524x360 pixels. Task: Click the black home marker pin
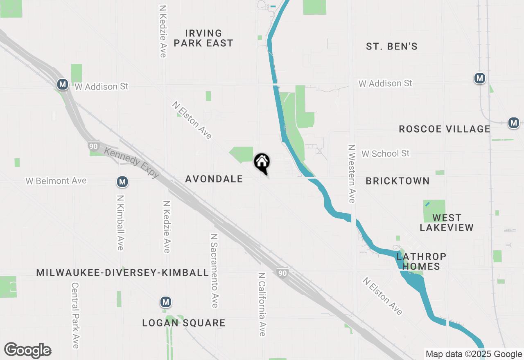coord(262,162)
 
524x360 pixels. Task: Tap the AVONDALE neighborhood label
coord(214,179)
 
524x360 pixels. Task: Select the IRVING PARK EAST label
coord(203,38)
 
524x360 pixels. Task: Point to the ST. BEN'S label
coord(392,47)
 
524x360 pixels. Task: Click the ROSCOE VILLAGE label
coord(445,129)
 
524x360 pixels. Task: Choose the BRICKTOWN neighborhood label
coord(398,181)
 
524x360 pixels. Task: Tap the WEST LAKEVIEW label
coord(447,223)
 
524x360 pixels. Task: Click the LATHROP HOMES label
coord(421,261)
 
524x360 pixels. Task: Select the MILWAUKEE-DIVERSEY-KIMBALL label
coord(123,272)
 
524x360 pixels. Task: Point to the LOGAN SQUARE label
coord(184,323)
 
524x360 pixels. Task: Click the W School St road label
coord(385,153)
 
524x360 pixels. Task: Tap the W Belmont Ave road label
coord(56,180)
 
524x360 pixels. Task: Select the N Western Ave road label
coord(351,173)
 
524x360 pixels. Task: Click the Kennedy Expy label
coord(131,162)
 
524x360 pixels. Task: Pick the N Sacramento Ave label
coord(214,271)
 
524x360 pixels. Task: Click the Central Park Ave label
coord(75,315)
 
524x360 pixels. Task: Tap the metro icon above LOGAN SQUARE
coord(165,302)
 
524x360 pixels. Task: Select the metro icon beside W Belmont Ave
coord(122,181)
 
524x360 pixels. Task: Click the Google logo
coord(27,350)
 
